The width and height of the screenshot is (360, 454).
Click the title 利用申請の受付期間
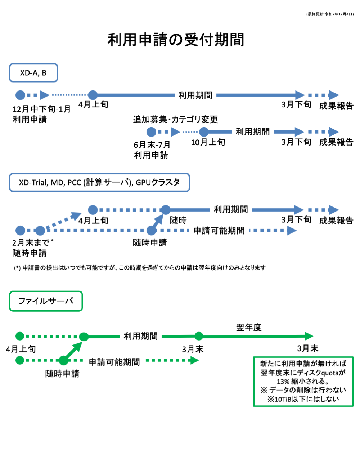pos(176,40)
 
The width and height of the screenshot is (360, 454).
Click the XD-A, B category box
pos(33,73)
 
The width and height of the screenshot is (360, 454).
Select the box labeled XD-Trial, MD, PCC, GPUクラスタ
pos(99,182)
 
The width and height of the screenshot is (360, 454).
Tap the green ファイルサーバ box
pos(46,301)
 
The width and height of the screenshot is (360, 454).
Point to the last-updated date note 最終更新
pos(330,14)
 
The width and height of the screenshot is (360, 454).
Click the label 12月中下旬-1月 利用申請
pos(41,114)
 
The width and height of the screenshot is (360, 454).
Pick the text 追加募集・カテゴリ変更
pos(175,119)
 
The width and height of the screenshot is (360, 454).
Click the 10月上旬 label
pos(208,142)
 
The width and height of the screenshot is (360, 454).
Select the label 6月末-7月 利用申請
pos(152,150)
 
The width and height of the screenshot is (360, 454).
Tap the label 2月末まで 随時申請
pos(32,248)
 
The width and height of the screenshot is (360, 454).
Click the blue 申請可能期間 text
pos(219,231)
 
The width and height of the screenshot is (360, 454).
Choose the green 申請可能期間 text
pos(114,362)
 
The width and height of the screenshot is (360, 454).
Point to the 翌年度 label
pos(249,327)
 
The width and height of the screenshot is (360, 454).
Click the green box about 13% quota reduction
pos(303,381)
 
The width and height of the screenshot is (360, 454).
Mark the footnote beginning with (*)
pos(140,267)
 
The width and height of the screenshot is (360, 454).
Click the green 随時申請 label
pos(62,374)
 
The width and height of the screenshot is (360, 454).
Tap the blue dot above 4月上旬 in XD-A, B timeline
pos(93,95)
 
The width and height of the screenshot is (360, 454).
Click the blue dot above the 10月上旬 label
pos(204,132)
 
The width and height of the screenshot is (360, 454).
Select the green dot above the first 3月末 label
pos(199,336)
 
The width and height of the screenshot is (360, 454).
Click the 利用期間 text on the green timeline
pos(141,336)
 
